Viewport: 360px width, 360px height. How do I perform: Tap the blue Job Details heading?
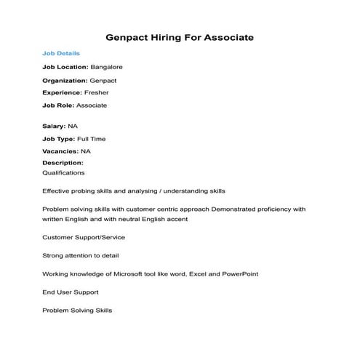[x=61, y=53]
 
